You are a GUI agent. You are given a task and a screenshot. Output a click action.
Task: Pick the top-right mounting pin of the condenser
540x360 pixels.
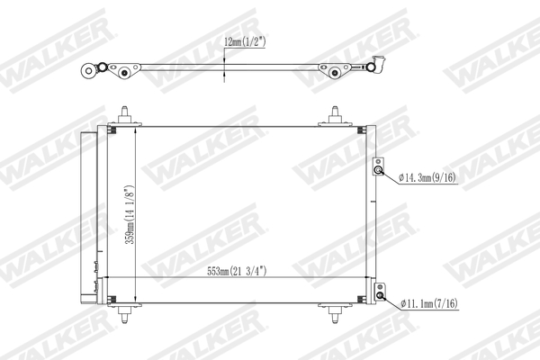point(336,115)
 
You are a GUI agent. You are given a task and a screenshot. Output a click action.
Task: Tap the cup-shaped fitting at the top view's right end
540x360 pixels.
point(379,65)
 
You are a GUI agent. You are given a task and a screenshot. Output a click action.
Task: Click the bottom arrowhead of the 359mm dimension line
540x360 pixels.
point(135,298)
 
